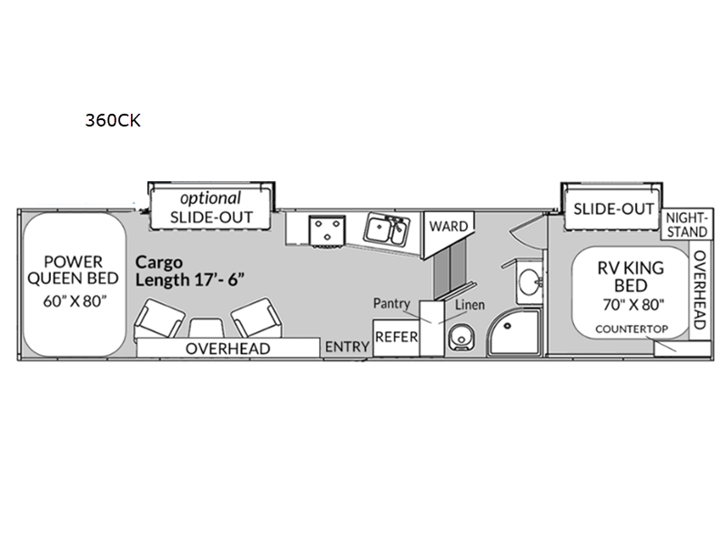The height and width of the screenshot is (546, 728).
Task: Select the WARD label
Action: (449, 225)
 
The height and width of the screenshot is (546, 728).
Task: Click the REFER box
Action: (396, 336)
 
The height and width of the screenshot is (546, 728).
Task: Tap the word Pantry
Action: (392, 302)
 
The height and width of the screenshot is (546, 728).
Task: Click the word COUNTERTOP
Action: (626, 328)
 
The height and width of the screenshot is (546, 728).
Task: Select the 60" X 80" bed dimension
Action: (71, 301)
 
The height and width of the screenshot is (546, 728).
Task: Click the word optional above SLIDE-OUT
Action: (209, 197)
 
